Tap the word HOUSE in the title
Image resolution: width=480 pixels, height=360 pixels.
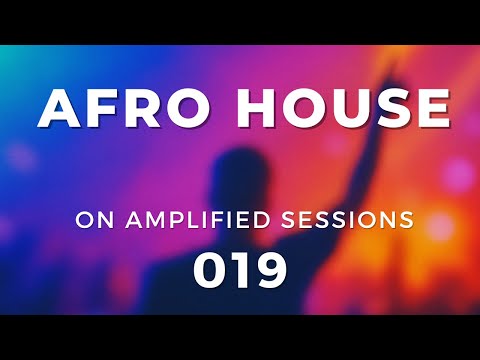coord(340,107)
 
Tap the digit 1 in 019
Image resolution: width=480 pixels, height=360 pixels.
coord(239,270)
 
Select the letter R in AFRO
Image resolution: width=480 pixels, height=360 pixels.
coord(139,107)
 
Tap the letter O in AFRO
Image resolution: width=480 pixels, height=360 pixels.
coord(184,107)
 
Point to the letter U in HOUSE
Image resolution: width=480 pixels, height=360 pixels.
coord(346,107)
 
